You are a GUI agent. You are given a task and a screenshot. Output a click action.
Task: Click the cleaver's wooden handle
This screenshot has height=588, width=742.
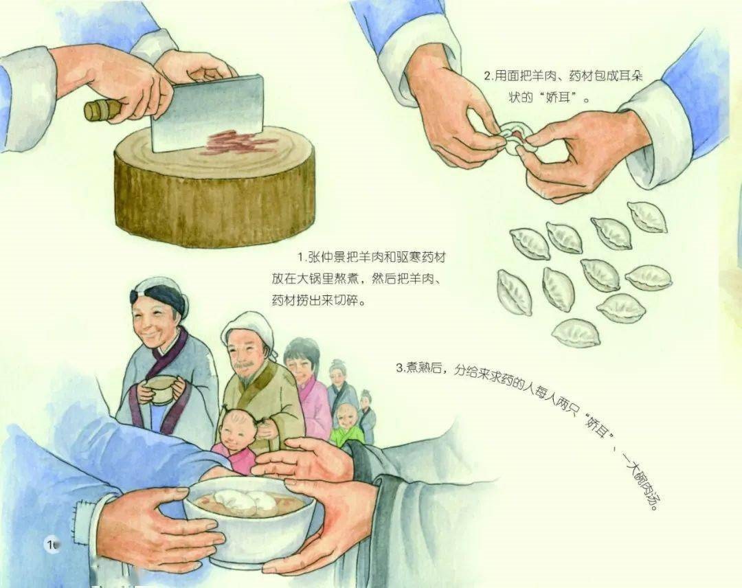pyautogui.click(x=103, y=109)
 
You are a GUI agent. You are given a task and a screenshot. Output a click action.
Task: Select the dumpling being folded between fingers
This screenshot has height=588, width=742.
pyautogui.click(x=512, y=137)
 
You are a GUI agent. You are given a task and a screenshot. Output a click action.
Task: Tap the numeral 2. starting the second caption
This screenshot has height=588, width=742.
pyautogui.click(x=488, y=76)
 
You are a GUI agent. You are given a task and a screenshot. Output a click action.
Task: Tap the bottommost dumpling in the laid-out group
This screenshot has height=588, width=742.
pyautogui.click(x=576, y=333)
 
